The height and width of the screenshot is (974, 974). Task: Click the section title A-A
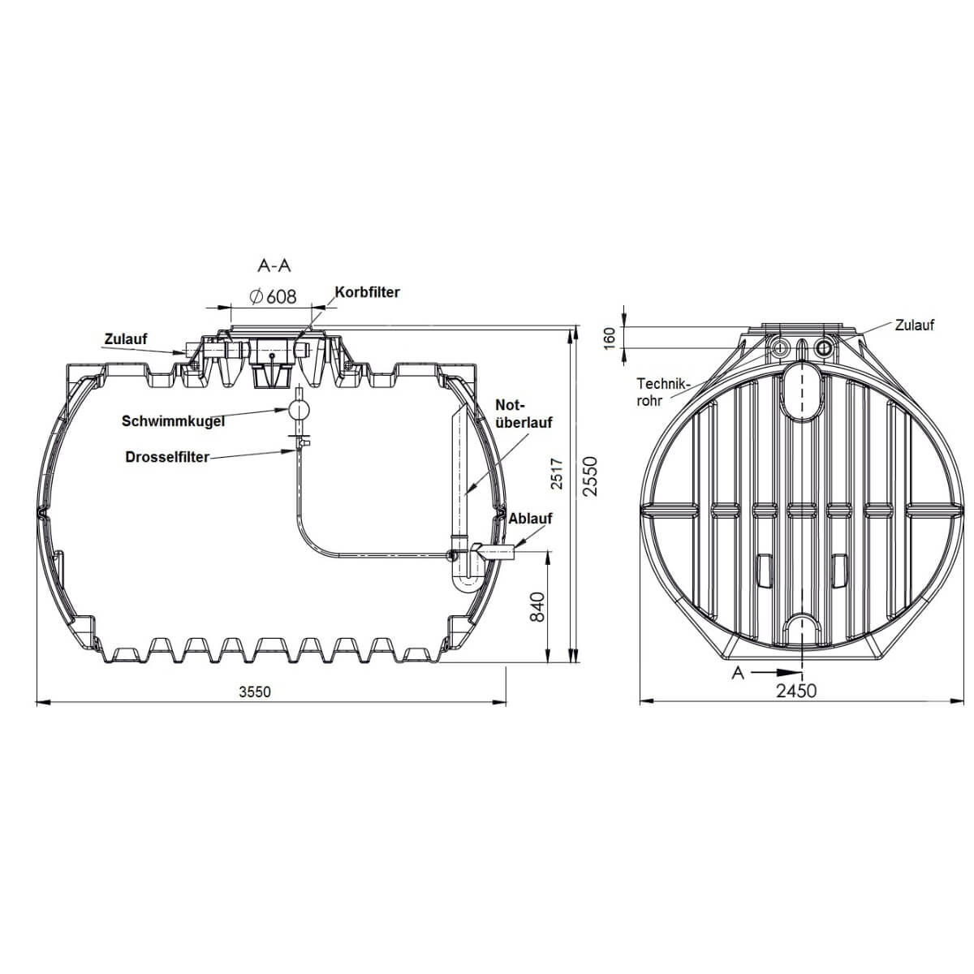(274, 266)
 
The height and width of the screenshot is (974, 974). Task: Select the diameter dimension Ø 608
(273, 296)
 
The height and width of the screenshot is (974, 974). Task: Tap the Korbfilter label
(367, 292)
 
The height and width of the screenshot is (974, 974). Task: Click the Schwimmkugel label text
(173, 421)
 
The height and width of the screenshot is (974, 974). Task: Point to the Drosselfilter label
(167, 457)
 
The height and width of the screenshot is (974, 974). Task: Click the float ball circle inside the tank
(298, 409)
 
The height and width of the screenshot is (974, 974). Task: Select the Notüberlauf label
(524, 413)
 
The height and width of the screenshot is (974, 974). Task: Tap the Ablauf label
(530, 519)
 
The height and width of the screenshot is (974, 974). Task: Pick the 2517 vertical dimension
(557, 473)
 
